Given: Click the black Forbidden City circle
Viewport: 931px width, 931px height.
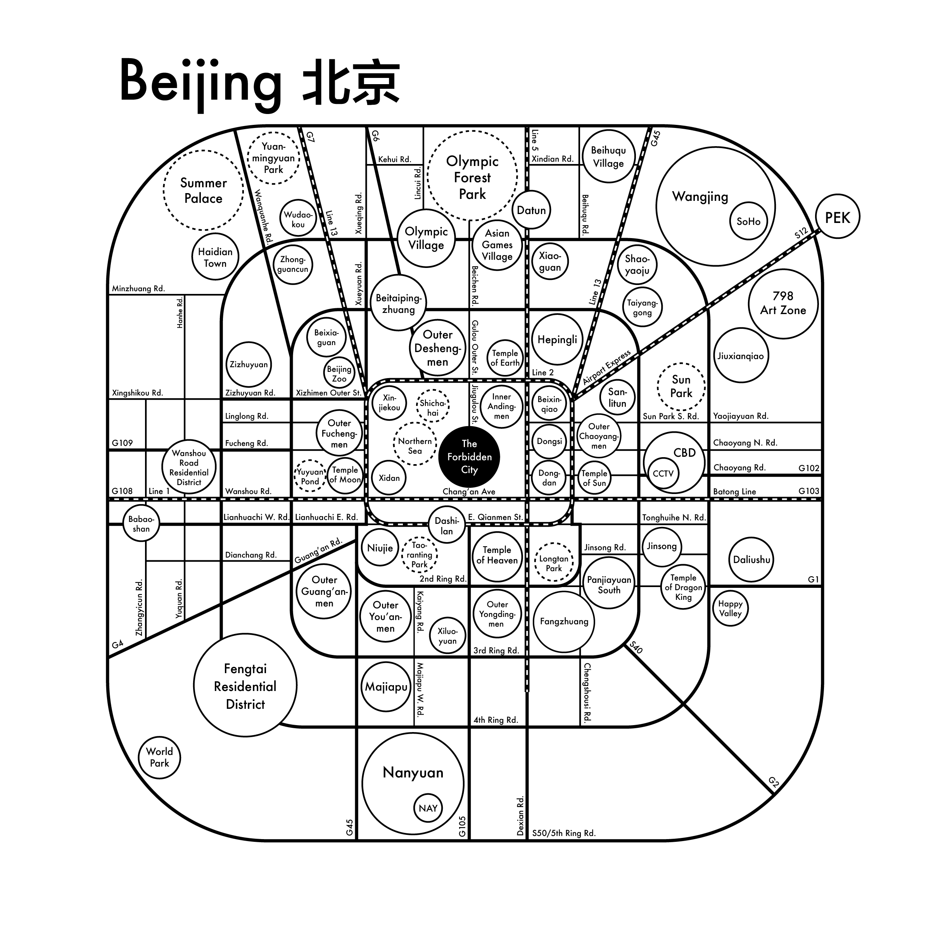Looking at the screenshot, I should coord(469,457).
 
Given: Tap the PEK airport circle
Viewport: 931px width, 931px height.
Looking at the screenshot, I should coord(838,217).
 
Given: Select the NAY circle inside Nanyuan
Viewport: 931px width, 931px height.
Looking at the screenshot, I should coord(428,808).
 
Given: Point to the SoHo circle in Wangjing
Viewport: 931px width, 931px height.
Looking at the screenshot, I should coord(748,221).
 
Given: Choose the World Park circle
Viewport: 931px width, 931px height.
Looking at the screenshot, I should coord(159,757).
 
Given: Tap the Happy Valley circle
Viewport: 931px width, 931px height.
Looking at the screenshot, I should coord(730,608).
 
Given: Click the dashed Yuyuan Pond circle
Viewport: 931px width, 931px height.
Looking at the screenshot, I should coord(310,476).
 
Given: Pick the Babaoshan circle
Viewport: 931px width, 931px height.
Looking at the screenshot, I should coord(141,524).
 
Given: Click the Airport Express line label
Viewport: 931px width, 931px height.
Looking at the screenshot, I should coord(606,367).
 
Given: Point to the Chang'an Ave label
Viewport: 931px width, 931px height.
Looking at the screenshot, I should coord(469,492).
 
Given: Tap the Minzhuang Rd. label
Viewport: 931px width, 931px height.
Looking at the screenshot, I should coord(138,288).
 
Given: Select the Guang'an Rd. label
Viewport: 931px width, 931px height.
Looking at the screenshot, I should coord(318,551).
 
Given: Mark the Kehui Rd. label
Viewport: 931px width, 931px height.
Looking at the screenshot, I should coord(394,159).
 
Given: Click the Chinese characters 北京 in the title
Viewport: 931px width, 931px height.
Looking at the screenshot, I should coord(351,82).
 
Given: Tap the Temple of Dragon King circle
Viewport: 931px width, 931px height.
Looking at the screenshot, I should coord(683,587).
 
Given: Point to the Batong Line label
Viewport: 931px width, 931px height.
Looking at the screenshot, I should coord(734,492).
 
